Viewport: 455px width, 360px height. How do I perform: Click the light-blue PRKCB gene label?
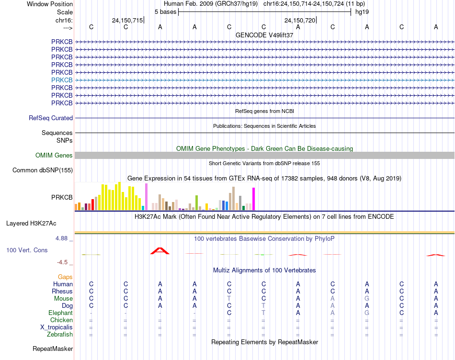[x=62, y=80]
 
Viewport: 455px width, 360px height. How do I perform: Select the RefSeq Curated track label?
[x=51, y=118]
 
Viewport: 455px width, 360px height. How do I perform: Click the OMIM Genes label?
[x=54, y=155]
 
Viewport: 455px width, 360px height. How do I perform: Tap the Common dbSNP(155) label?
[x=43, y=170]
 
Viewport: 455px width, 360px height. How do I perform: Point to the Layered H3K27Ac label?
[x=31, y=224]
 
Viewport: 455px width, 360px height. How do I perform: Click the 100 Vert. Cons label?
[x=27, y=250]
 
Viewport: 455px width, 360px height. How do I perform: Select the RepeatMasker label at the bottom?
[x=53, y=349]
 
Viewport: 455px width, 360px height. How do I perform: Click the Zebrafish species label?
[x=60, y=335]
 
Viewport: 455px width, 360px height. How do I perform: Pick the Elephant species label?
[x=61, y=313]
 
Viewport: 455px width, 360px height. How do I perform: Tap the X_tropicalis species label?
[x=57, y=327]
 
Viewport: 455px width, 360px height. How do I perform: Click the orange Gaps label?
[x=65, y=277]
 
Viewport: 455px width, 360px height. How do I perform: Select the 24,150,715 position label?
[x=127, y=20]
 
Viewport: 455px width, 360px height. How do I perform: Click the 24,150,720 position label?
[x=300, y=20]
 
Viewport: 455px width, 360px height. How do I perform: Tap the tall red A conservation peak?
[x=160, y=251]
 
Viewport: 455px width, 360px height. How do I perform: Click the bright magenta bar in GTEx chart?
[x=254, y=199]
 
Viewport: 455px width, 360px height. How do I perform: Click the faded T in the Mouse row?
[x=229, y=298]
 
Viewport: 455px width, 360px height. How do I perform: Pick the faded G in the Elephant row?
[x=367, y=313]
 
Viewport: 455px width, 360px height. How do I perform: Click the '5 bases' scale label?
[x=165, y=12]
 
